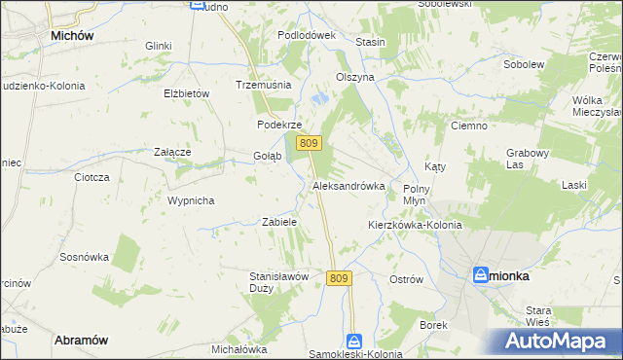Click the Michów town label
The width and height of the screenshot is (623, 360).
point(71,35)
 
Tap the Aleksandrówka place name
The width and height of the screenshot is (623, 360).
point(348,185)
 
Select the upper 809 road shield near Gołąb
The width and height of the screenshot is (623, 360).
point(310,143)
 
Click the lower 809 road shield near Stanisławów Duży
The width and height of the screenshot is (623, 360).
point(338,278)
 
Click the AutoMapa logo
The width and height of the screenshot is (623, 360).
point(558,342)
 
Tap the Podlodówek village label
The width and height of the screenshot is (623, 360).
point(306,35)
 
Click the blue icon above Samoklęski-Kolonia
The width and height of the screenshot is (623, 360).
point(355,342)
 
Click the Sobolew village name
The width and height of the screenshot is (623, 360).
point(523,64)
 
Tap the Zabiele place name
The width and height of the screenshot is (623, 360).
point(279,222)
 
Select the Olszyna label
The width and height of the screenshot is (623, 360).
point(354,77)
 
